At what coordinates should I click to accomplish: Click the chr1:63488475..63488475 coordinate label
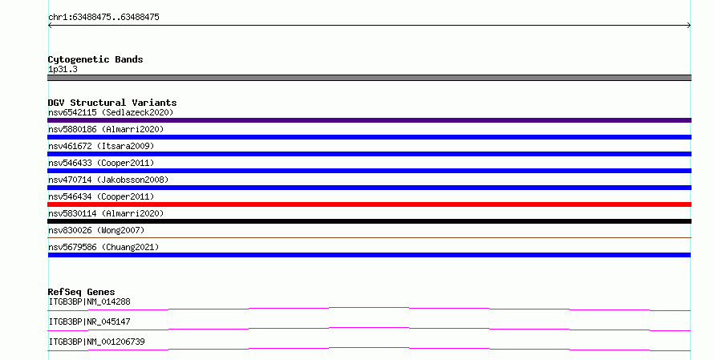(103, 18)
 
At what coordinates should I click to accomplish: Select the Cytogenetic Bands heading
(95, 59)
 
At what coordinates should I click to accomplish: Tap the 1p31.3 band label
(63, 69)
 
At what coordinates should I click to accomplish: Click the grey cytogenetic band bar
(369, 78)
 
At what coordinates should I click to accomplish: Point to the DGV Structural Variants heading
(112, 103)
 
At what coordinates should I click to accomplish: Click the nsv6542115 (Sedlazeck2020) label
(111, 112)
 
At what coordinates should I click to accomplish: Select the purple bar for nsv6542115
(369, 120)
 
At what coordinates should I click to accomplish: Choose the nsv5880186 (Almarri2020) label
(106, 129)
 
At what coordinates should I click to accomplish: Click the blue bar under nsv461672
(369, 154)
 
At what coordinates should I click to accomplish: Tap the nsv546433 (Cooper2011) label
(101, 163)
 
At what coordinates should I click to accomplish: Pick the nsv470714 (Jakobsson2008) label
(108, 180)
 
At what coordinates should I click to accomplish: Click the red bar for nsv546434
(369, 204)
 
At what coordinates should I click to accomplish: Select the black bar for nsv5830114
(369, 221)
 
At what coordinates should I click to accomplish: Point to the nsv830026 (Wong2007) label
(96, 230)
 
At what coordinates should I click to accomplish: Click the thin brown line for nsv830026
(369, 237)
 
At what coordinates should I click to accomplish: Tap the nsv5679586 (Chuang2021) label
(103, 247)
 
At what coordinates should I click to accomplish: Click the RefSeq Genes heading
(82, 292)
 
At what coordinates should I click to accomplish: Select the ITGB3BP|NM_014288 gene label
(89, 301)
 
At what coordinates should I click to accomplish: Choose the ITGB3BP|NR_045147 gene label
(89, 322)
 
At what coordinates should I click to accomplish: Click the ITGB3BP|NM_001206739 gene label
(96, 342)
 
